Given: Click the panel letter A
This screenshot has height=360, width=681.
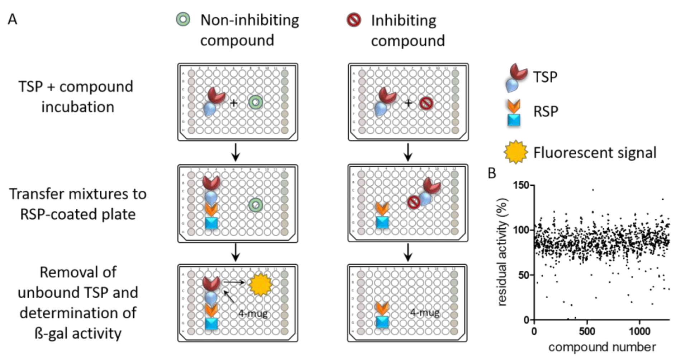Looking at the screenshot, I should click(12, 19).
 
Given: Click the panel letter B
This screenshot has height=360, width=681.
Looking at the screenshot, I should click(492, 173).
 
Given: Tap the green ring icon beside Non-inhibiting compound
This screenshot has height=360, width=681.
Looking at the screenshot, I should click(183, 19).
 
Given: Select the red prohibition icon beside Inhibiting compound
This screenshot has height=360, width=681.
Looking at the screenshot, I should click(354, 20).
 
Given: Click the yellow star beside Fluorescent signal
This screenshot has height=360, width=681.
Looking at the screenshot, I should click(515, 152).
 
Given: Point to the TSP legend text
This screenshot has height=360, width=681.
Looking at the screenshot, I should click(545, 77).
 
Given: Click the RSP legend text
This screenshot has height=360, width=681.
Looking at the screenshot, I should click(546, 112).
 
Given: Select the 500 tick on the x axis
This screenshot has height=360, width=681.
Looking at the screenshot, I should click(587, 331).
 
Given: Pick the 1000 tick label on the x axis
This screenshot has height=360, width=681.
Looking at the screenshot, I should click(639, 331).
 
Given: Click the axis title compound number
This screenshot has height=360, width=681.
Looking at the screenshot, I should click(602, 347).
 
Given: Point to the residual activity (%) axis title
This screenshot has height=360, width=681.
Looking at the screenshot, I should click(503, 252).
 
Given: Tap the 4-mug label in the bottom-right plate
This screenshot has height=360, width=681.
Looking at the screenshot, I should click(424, 313).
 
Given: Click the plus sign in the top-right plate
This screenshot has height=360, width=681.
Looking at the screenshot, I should click(408, 103).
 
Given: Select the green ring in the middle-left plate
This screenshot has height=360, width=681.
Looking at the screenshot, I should click(256, 205).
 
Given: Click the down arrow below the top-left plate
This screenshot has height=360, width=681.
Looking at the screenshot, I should click(235, 152).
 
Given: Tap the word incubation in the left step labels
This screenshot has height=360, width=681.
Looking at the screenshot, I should click(78, 107).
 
